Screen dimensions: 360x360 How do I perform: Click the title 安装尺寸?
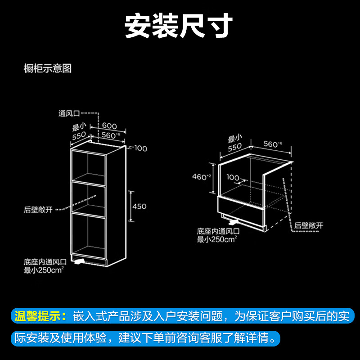click(x=179, y=26)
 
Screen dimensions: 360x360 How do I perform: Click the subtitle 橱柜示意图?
click(x=48, y=69)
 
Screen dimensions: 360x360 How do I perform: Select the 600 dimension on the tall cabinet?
click(x=109, y=126)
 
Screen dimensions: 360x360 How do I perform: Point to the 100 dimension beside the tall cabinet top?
click(x=141, y=148)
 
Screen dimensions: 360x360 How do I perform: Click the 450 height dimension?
click(x=139, y=207)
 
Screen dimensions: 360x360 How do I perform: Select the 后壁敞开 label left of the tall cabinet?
click(x=39, y=210)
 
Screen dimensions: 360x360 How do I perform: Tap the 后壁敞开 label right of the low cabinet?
click(x=309, y=225)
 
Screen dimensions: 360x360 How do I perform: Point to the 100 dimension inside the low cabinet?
click(x=233, y=178)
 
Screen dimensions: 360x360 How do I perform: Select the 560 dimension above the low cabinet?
click(x=272, y=144)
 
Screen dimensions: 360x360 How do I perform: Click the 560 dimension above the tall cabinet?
click(x=110, y=135)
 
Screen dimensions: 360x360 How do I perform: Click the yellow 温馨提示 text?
click(x=40, y=316)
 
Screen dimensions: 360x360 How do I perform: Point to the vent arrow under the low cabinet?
click(x=234, y=222)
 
